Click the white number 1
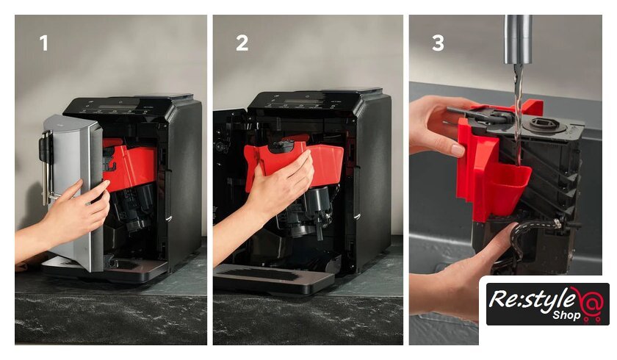tap(43, 43)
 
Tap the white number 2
tap(242, 43)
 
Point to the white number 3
tap(438, 43)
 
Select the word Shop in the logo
tap(566, 314)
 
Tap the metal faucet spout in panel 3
tap(518, 40)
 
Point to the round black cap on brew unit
tap(541, 123)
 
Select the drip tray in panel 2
tap(273, 278)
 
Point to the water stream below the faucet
tap(519, 114)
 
